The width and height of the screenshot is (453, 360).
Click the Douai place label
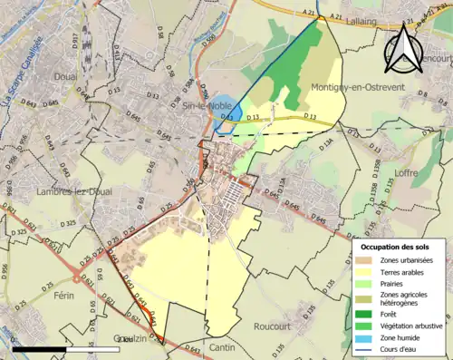[64, 77]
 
